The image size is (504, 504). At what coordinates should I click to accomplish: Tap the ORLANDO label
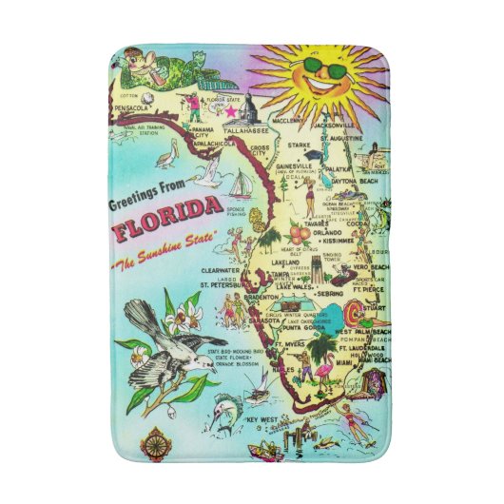[329, 231]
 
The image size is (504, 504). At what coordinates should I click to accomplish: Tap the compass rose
[153, 441]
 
